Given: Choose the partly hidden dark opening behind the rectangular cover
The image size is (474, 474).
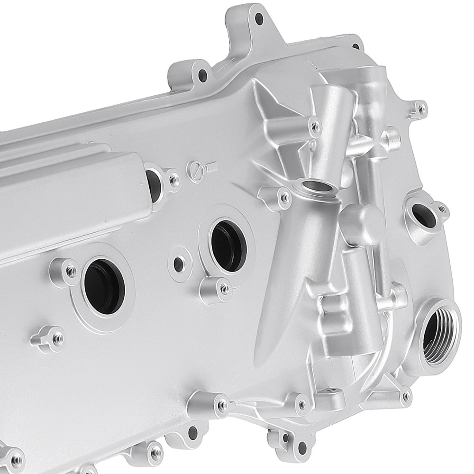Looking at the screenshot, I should [x=154, y=185].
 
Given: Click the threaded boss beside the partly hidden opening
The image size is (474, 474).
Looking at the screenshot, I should [x=174, y=180].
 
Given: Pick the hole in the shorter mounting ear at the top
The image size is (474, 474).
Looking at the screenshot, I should [x=203, y=74].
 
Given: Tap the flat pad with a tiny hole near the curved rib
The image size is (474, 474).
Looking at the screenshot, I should [x=331, y=393].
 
